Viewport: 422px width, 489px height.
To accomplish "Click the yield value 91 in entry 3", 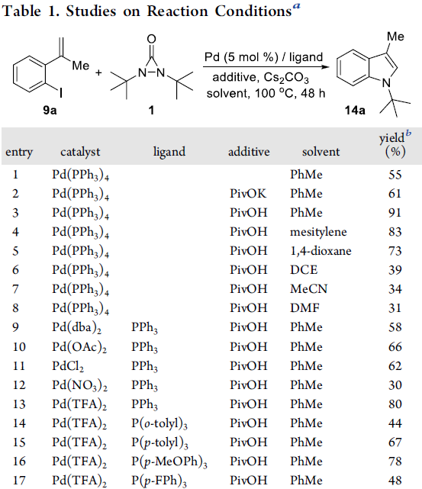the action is click(395, 213).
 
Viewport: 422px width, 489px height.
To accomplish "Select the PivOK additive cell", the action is click(248, 194).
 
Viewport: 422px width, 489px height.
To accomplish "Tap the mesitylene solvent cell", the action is click(318, 232).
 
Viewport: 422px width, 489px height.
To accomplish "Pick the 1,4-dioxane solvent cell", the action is click(321, 251).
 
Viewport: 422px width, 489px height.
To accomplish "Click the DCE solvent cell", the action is click(304, 270).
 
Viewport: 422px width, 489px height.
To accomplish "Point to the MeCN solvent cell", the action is click(309, 289).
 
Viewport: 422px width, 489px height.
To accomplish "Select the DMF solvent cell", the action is click(304, 308).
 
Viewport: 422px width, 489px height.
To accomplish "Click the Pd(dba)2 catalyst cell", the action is click(77, 328).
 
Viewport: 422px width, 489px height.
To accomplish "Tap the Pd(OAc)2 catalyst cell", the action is click(79, 347).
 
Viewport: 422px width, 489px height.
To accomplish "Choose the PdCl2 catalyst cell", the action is click(68, 366).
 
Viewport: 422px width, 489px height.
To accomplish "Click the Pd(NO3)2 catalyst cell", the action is click(79, 385).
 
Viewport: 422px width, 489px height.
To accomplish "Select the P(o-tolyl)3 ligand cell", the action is click(159, 424).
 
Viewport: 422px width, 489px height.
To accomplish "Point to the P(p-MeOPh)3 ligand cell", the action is click(169, 462).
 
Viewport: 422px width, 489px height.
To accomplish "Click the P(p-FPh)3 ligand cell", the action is click(159, 481).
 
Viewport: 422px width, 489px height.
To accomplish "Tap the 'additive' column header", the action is click(249, 152).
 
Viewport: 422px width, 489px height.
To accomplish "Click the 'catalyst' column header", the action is click(80, 152).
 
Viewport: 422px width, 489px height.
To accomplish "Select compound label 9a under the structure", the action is click(50, 110).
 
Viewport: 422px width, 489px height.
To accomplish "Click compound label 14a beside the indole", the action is click(355, 110).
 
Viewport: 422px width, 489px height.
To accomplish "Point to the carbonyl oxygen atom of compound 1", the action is click(151, 39).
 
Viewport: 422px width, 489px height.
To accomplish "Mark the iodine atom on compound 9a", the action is click(60, 92).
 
